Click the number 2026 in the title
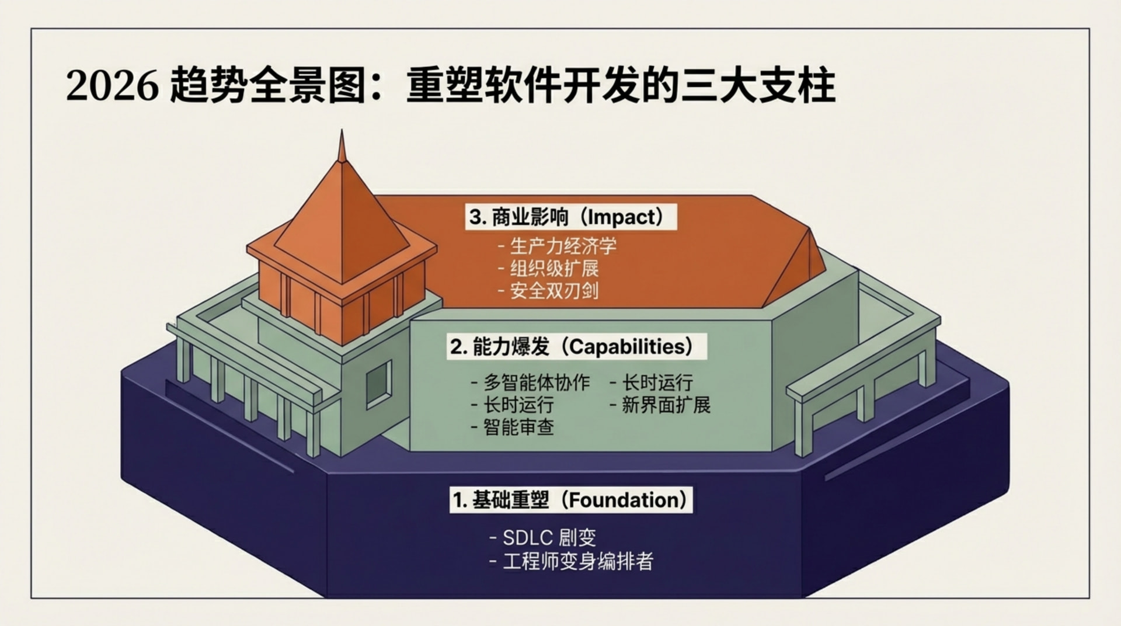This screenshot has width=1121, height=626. click(x=112, y=86)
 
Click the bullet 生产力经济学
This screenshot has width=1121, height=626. click(x=563, y=246)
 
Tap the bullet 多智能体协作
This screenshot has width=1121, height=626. click(x=537, y=383)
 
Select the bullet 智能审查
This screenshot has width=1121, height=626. click(x=518, y=427)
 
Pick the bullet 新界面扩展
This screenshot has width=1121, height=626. click(x=666, y=405)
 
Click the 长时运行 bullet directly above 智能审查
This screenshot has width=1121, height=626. click(x=518, y=405)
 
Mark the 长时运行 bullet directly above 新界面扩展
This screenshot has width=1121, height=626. click(x=657, y=383)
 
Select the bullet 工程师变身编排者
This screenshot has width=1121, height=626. click(x=578, y=562)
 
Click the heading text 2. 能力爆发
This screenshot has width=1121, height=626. click(x=500, y=347)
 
